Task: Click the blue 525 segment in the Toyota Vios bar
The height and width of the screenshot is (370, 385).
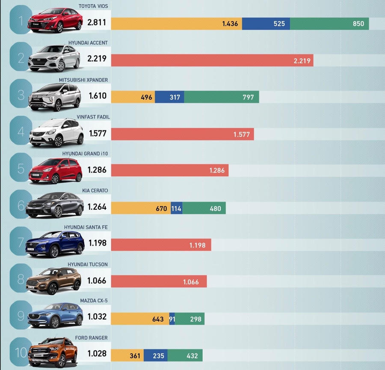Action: pyautogui.click(x=266, y=24)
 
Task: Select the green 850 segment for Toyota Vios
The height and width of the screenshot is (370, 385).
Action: pyautogui.click(x=329, y=24)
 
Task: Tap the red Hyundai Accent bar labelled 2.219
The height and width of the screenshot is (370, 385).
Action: pyautogui.click(x=212, y=60)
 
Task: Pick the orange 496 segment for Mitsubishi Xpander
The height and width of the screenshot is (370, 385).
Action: pyautogui.click(x=133, y=97)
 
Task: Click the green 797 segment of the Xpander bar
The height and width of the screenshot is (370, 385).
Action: pyautogui.click(x=221, y=97)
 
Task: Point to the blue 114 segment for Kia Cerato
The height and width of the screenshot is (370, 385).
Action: pyautogui.click(x=176, y=208)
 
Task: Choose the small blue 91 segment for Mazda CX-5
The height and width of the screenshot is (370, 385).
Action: pyautogui.click(x=172, y=319)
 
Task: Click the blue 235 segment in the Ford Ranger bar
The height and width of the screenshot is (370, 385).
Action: pyautogui.click(x=155, y=355)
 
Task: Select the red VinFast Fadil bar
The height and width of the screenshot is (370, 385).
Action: pyautogui.click(x=182, y=134)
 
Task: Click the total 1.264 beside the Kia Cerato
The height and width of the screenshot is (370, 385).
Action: pyautogui.click(x=97, y=207)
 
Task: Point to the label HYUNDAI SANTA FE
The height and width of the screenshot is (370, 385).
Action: pyautogui.click(x=86, y=227)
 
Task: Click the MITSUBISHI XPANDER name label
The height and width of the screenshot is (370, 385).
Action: pyautogui.click(x=83, y=80)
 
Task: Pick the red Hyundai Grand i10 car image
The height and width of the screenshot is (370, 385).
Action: pyautogui.click(x=55, y=170)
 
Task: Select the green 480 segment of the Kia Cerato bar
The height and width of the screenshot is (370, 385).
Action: pyautogui.click(x=204, y=208)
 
